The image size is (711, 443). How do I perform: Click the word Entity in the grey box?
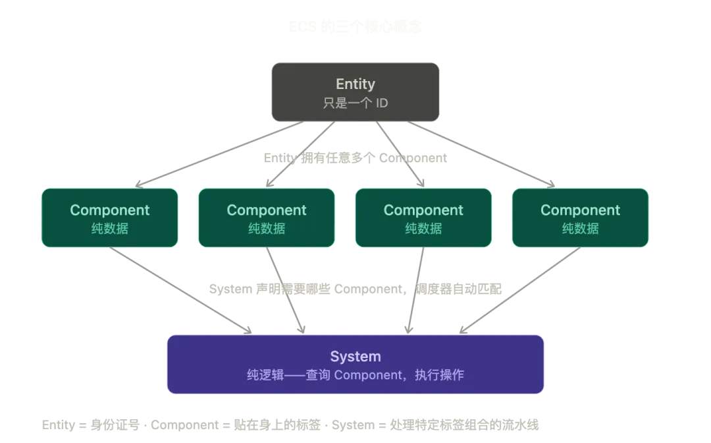[x=355, y=84]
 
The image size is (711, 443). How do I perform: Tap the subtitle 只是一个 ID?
[x=355, y=103]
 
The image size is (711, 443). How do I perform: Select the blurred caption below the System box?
[x=292, y=425]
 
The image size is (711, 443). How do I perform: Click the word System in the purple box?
[x=355, y=357]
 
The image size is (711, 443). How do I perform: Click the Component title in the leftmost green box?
[x=110, y=210]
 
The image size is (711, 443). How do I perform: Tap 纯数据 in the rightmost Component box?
[x=580, y=229]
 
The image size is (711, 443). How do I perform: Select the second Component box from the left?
[x=267, y=218]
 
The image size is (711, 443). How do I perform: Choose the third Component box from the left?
[x=423, y=218]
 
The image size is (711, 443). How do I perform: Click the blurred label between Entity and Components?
[x=355, y=158]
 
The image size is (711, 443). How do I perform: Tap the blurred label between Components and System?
[x=355, y=288]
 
